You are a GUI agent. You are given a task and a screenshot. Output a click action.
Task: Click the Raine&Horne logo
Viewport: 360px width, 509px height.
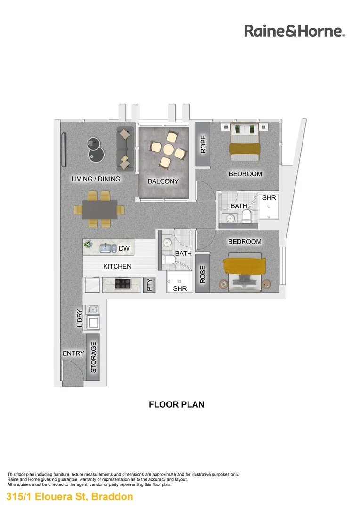pyautogui.click(x=295, y=31)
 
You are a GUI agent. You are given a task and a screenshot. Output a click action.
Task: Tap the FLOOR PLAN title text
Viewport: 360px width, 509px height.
pyautogui.click(x=176, y=404)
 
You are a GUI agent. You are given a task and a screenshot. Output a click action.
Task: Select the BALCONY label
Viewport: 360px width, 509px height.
pyautogui.click(x=163, y=181)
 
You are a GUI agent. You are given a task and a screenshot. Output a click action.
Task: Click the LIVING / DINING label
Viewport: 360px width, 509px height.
pyautogui.click(x=96, y=179)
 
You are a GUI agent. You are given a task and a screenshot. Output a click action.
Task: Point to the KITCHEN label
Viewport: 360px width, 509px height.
pyautogui.click(x=117, y=267)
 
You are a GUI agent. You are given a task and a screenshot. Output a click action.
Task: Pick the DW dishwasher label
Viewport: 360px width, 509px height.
pyautogui.click(x=124, y=248)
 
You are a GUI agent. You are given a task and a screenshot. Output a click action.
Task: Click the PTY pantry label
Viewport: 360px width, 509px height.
pyautogui.click(x=150, y=285)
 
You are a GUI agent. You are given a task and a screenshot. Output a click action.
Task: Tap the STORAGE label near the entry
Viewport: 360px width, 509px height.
pyautogui.click(x=93, y=358)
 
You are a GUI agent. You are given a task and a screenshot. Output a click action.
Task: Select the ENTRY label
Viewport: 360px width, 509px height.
pyautogui.click(x=74, y=353)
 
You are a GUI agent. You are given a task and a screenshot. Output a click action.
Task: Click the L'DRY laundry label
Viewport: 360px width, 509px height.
pyautogui.click(x=80, y=318)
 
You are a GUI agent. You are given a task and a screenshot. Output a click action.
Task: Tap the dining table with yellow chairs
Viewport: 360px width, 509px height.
pyautogui.click(x=100, y=209)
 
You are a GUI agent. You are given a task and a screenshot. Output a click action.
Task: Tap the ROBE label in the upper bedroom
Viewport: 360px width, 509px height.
pyautogui.click(x=203, y=145)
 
